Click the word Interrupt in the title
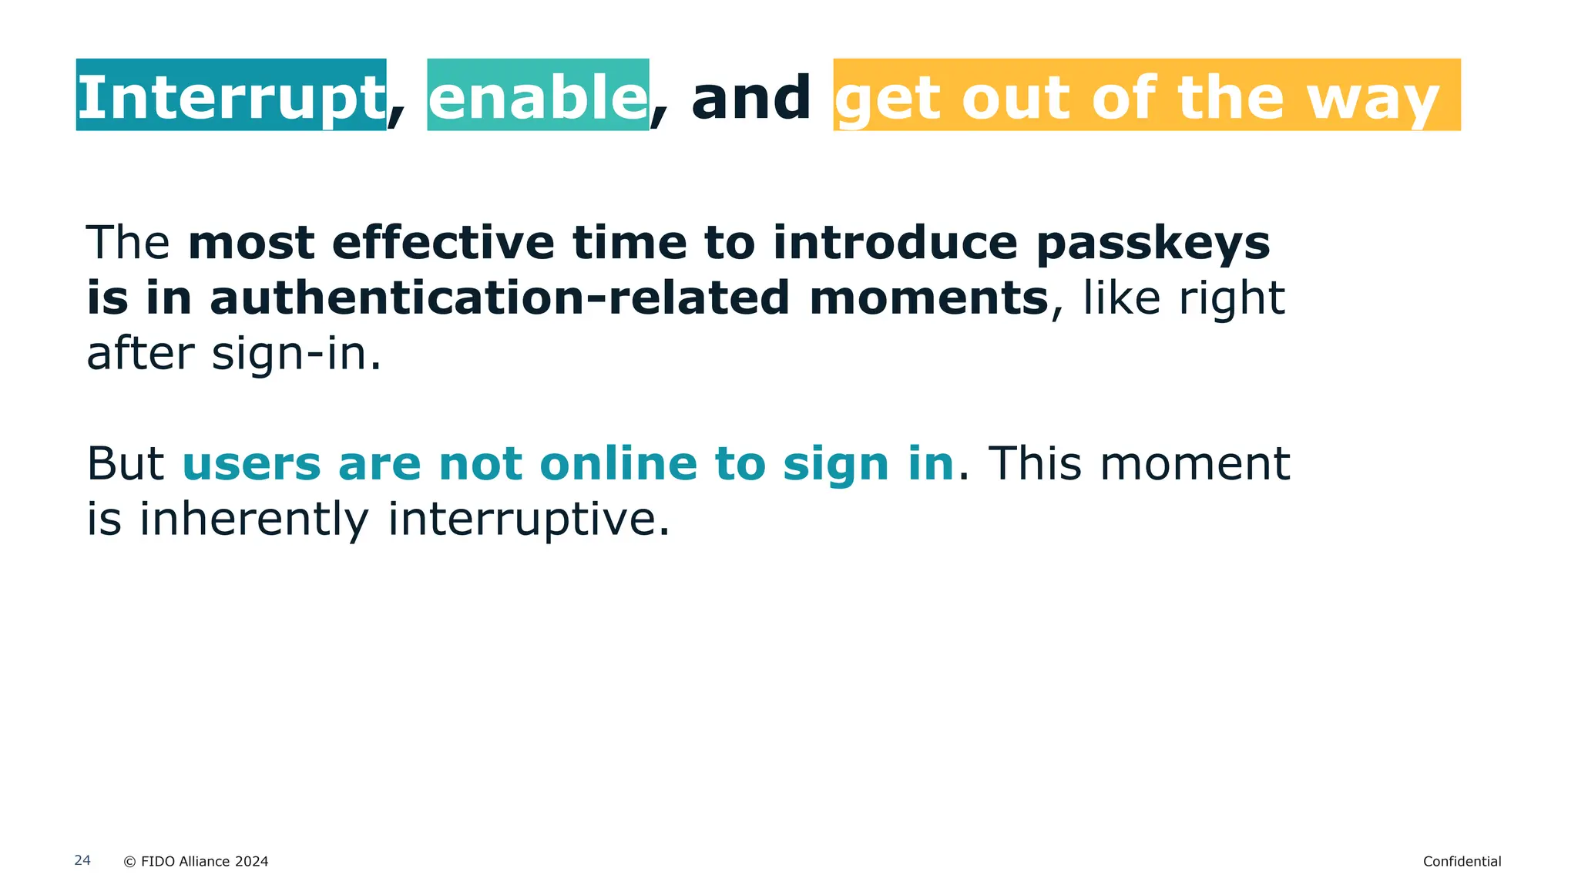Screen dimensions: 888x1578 (x=231, y=97)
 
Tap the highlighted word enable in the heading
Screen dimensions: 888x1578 (x=538, y=97)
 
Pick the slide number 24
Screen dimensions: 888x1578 (x=82, y=860)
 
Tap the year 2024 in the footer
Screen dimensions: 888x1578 (x=251, y=862)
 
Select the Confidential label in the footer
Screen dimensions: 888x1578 (x=1462, y=862)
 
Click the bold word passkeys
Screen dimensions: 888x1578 (x=1153, y=244)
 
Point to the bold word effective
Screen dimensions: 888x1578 (x=443, y=243)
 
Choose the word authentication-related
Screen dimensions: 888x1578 (x=499, y=298)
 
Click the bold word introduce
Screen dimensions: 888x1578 (x=895, y=243)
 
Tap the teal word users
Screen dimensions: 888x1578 (x=251, y=464)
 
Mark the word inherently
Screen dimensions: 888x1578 (x=254, y=520)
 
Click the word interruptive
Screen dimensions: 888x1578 (x=529, y=520)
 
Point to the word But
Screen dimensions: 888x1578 (x=125, y=464)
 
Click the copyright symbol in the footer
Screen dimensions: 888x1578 (x=129, y=862)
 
